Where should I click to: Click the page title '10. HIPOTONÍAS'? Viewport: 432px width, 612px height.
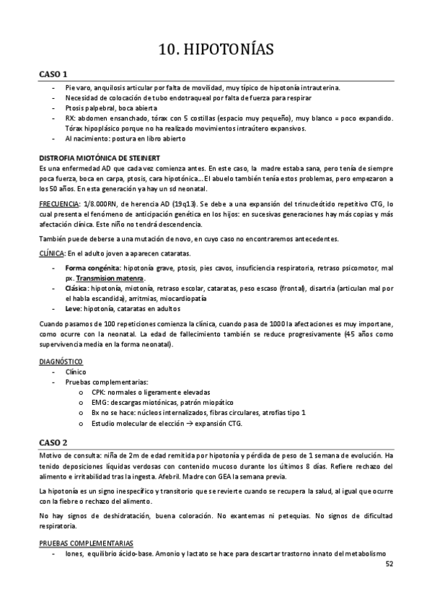[x=216, y=50]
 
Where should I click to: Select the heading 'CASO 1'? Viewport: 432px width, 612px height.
[x=53, y=74]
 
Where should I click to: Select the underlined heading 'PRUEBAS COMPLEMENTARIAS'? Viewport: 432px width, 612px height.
[x=85, y=543]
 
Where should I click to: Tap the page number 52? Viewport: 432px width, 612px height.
[x=389, y=564]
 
